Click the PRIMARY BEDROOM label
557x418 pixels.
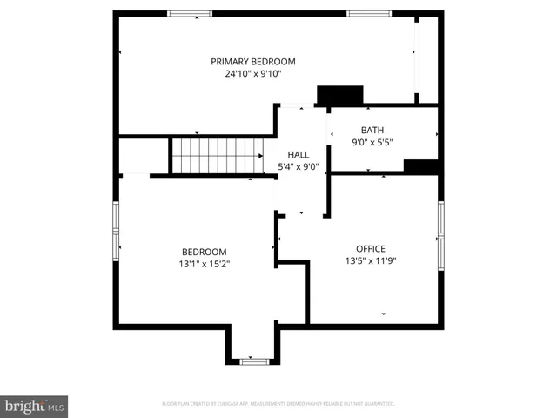coord(253,62)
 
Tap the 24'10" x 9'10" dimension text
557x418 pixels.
coord(253,74)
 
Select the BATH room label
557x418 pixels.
coord(371,130)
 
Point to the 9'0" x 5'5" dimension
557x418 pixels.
coord(371,142)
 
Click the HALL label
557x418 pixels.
coord(298,154)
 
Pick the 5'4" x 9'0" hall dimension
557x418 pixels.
coord(298,166)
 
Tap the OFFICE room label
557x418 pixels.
coord(371,248)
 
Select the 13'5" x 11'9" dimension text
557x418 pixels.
coord(371,260)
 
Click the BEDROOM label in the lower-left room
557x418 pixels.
coord(204,251)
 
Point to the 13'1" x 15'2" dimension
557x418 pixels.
coord(204,263)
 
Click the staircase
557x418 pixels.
coord(216,156)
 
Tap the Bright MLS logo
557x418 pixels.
coord(34,406)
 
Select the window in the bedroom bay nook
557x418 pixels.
coord(253,361)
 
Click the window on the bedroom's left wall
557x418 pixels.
coord(116,231)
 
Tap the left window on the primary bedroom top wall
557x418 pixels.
coord(190,14)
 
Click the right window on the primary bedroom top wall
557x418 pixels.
coord(367,14)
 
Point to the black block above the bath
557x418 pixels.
coord(340,95)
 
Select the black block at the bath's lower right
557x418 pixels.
coord(420,167)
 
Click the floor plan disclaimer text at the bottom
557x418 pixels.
coord(278,404)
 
